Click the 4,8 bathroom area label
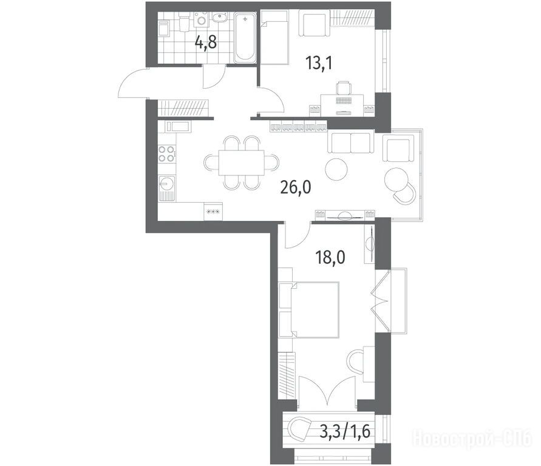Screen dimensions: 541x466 206,43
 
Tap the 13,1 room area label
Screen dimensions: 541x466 319,64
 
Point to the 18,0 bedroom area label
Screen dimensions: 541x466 330,257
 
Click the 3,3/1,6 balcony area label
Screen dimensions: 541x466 345,430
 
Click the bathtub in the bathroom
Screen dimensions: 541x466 245,38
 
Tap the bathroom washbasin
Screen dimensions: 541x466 219,17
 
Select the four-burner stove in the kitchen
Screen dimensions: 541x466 166,154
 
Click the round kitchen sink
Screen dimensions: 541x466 166,184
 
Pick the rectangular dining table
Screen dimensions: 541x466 242,163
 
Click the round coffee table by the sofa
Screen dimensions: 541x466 336,169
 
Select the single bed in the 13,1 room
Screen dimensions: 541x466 274,37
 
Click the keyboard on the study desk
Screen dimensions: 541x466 343,100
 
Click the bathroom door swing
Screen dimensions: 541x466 214,76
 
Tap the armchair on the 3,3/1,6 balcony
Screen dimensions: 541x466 299,428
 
